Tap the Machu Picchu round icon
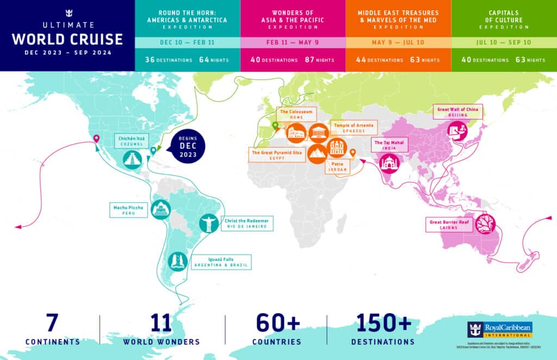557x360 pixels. pos(161,209)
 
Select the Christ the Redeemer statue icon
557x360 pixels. pos(208,223)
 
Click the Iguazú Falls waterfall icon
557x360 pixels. pos(177,262)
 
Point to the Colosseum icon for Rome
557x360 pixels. pos(296,132)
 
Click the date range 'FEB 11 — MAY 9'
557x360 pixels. pos(292,43)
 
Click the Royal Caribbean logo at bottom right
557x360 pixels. pos(500,330)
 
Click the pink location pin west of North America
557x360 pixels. pos(96,139)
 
